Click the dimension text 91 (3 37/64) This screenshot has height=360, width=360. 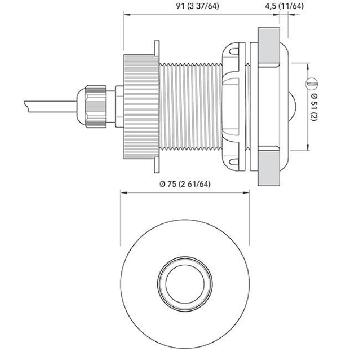pyautogui.click(x=197, y=6)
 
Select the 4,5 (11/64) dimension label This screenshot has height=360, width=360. pyautogui.click(x=284, y=6)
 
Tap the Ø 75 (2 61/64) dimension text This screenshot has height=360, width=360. pyautogui.click(x=185, y=184)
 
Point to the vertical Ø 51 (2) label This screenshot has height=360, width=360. pyautogui.click(x=313, y=107)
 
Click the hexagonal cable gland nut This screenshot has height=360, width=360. pyautogui.click(x=96, y=106)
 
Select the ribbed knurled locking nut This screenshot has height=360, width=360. pyautogui.click(x=141, y=107)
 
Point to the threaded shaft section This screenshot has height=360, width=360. pyautogui.click(x=191, y=107)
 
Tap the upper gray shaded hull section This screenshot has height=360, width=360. pyautogui.click(x=269, y=45)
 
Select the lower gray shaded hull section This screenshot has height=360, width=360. pyautogui.click(x=269, y=168)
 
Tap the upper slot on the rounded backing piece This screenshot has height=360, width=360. pyautogui.click(x=234, y=51)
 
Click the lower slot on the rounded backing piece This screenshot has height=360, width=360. pyautogui.click(x=234, y=162)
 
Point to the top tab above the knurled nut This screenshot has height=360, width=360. pyautogui.click(x=157, y=48)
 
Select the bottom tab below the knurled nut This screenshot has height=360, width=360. pyautogui.click(x=157, y=165)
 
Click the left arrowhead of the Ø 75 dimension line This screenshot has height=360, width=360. pyautogui.click(x=124, y=193)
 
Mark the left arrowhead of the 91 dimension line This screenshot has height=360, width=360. pyautogui.click(x=127, y=14)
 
